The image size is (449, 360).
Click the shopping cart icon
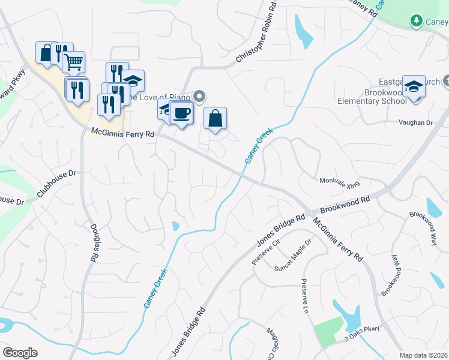(73, 61)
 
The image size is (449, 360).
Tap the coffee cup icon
(181, 112)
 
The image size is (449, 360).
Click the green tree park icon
(416, 21)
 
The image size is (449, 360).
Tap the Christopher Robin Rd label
(256, 32)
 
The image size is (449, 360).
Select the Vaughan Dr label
(415, 122)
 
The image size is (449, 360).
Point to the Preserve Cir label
(266, 251)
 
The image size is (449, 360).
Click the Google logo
(20, 353)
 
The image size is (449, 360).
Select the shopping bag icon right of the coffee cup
(215, 118)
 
